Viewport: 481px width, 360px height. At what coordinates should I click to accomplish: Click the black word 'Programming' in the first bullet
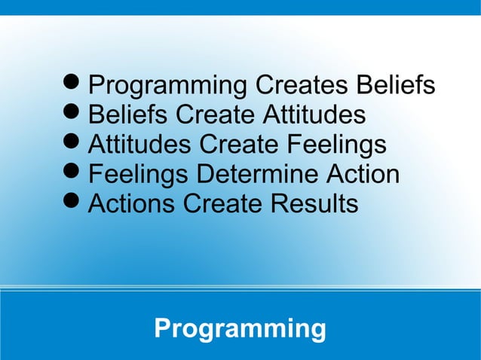tap(168, 86)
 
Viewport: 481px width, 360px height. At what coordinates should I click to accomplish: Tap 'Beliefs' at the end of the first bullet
tap(397, 85)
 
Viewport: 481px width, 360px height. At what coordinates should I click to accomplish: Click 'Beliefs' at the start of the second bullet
tap(128, 115)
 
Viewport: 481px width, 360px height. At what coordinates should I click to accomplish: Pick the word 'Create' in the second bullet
tap(215, 115)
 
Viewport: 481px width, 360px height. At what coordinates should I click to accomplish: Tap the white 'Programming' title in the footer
tap(240, 329)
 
